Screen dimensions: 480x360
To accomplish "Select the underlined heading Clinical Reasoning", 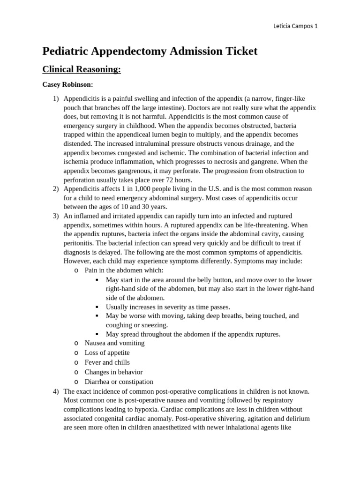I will tap(82, 69).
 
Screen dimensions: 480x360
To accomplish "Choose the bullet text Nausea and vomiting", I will tap(114, 343).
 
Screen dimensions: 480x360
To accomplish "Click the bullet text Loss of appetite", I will tap(107, 352).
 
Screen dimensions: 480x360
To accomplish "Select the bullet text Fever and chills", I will tap(107, 362).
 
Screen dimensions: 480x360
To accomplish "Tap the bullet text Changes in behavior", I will tap(113, 372).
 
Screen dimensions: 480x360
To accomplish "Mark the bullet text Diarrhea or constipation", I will tap(119, 382).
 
